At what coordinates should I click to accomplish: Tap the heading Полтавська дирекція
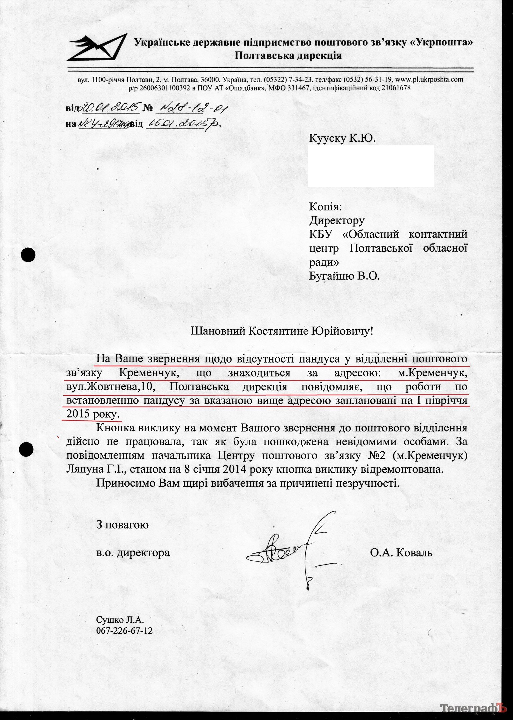pyautogui.click(x=288, y=55)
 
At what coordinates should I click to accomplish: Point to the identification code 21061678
pyautogui.click(x=395, y=88)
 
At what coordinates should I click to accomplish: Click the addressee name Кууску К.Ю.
pyautogui.click(x=342, y=138)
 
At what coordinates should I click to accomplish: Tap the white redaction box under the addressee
pyautogui.click(x=370, y=165)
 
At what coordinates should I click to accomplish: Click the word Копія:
pyautogui.click(x=325, y=207)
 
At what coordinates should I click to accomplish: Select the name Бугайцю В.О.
pyautogui.click(x=344, y=276)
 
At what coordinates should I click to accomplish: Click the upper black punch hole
pyautogui.click(x=28, y=255)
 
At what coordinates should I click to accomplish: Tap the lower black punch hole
pyautogui.click(x=27, y=449)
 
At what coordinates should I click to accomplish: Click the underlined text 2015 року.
pyautogui.click(x=93, y=414)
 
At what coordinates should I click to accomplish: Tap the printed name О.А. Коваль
pyautogui.click(x=401, y=552)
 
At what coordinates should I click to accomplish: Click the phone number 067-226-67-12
pyautogui.click(x=124, y=631)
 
